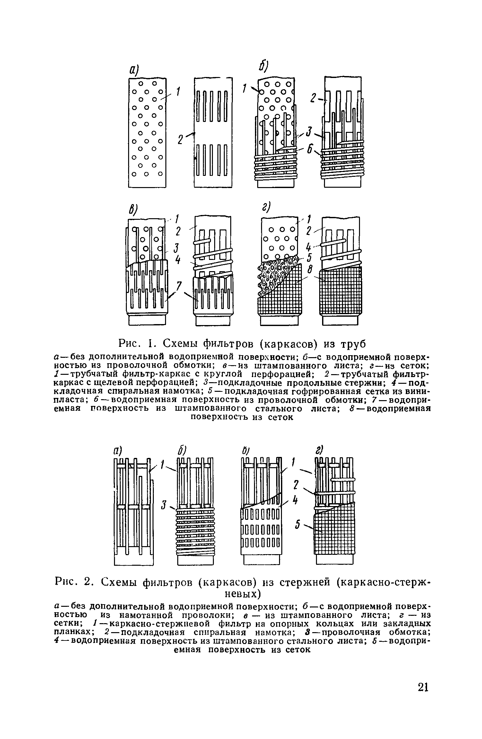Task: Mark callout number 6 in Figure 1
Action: tap(310, 150)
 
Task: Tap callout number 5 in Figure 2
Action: tap(297, 525)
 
